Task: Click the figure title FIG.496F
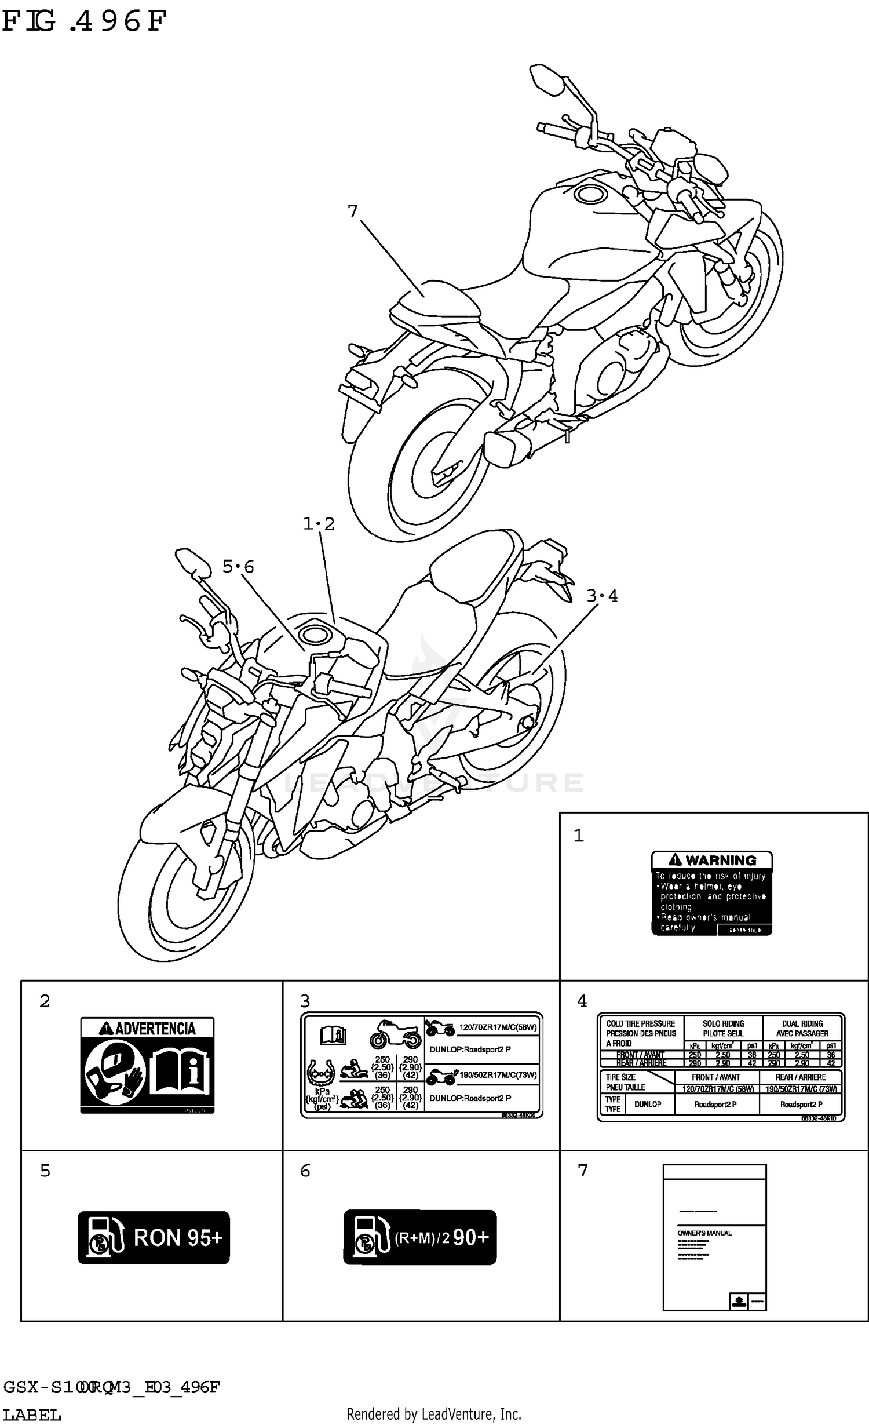coord(84,21)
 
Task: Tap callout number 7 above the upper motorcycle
coord(352,212)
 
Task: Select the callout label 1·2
coord(319,524)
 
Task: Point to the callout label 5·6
coord(238,566)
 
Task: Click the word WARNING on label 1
coord(721,860)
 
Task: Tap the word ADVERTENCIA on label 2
coord(155,1029)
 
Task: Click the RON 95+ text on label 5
coord(178,1238)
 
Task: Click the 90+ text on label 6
coord(470,1237)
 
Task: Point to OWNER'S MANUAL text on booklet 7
coord(704,1233)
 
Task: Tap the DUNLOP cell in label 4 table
coord(647,1104)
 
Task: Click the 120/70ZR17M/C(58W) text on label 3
coord(498,1028)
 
